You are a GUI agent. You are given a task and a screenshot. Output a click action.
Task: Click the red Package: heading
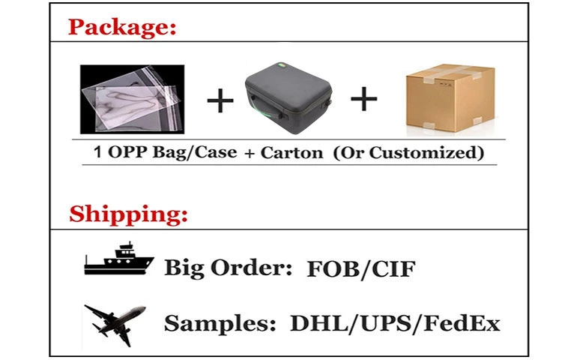coord(122,27)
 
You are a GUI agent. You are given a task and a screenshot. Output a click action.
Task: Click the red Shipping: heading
coord(128,214)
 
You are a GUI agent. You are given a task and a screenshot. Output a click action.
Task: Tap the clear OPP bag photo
coord(132,99)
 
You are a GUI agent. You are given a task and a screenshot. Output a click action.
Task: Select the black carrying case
coord(288,98)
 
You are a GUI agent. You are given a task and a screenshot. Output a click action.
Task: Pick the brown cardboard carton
coord(450,98)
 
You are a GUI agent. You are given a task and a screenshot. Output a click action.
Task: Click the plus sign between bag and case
coord(220,100)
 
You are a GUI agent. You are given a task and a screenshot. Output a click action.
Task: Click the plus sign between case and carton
coord(363,98)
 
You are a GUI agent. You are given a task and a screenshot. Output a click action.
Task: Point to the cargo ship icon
coord(119,259)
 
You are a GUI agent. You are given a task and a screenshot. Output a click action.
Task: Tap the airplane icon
coord(115,325)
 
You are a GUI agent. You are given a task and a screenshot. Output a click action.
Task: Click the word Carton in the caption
coord(291,153)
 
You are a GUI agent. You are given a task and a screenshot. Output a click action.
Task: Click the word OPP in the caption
coord(127,152)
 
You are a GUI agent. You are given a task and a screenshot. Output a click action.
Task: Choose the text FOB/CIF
coord(361,269)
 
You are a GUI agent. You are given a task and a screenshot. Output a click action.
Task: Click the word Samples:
coord(220,323)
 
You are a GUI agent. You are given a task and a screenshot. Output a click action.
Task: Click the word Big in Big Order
coord(184,268)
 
